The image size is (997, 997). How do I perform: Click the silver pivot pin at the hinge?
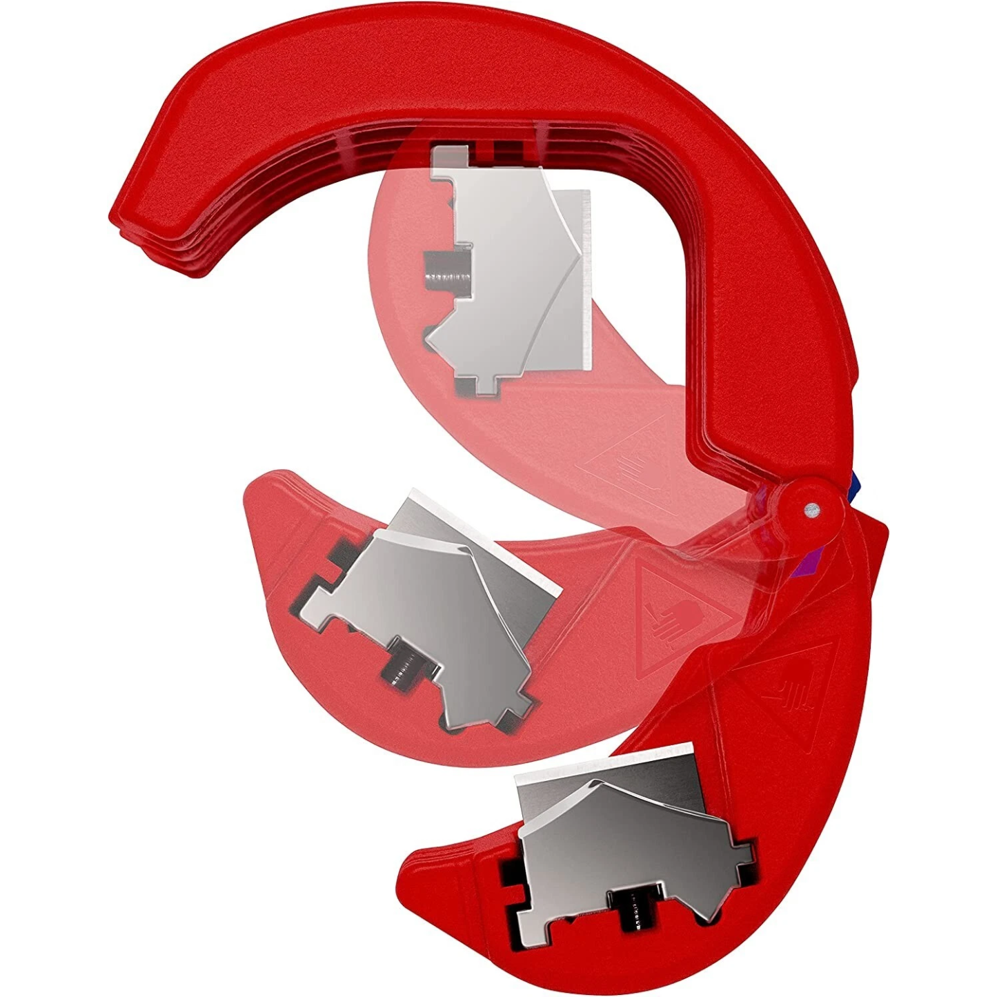pos(811,509)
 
